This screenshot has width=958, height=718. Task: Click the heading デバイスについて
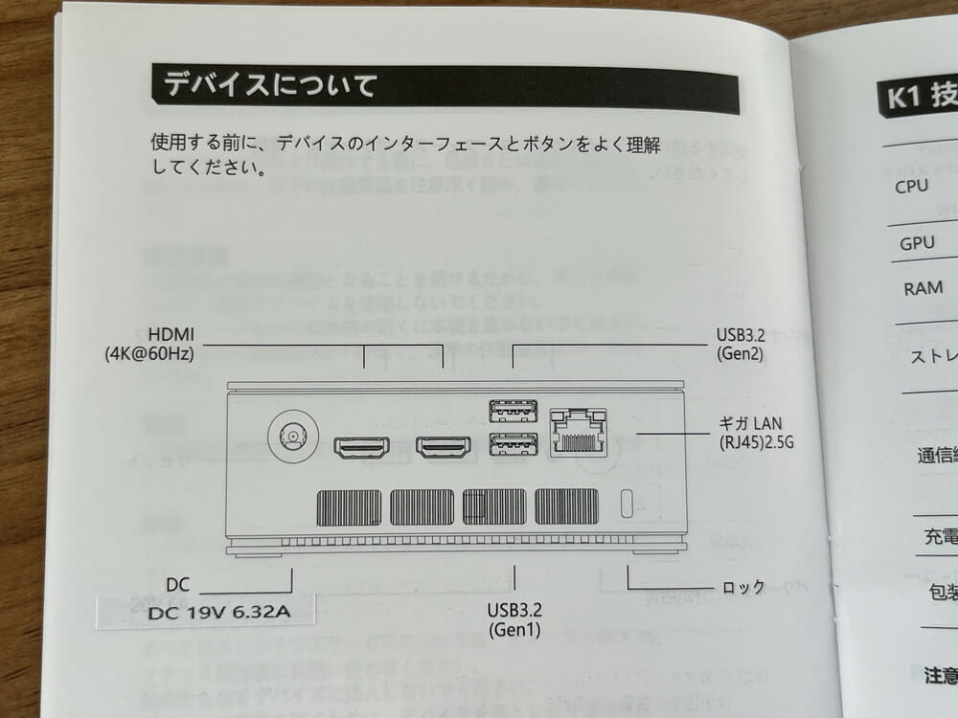click(x=270, y=85)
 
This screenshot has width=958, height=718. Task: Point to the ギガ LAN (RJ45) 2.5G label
click(x=757, y=433)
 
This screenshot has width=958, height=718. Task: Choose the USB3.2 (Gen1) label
click(x=515, y=619)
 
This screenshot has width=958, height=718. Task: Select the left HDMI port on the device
click(x=361, y=447)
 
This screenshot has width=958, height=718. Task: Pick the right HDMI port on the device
click(x=443, y=447)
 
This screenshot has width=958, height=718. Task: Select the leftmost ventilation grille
click(x=348, y=506)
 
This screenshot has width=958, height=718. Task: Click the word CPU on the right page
click(x=911, y=186)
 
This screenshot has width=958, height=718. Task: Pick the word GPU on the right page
click(x=917, y=243)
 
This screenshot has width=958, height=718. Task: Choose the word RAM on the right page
click(x=923, y=288)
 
